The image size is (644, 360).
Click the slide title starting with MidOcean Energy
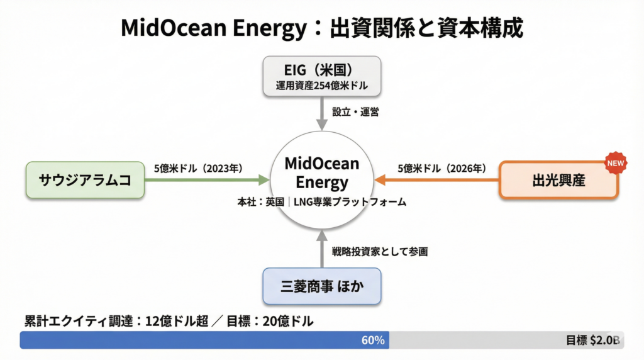[x=321, y=28]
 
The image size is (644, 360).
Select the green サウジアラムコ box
[x=85, y=180]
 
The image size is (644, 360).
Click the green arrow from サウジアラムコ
[x=208, y=180]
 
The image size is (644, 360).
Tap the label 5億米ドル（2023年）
[x=198, y=168]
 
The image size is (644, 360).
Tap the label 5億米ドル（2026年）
[x=441, y=168]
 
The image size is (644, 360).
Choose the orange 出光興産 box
[x=558, y=181]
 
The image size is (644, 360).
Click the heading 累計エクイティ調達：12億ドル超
[x=116, y=321]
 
